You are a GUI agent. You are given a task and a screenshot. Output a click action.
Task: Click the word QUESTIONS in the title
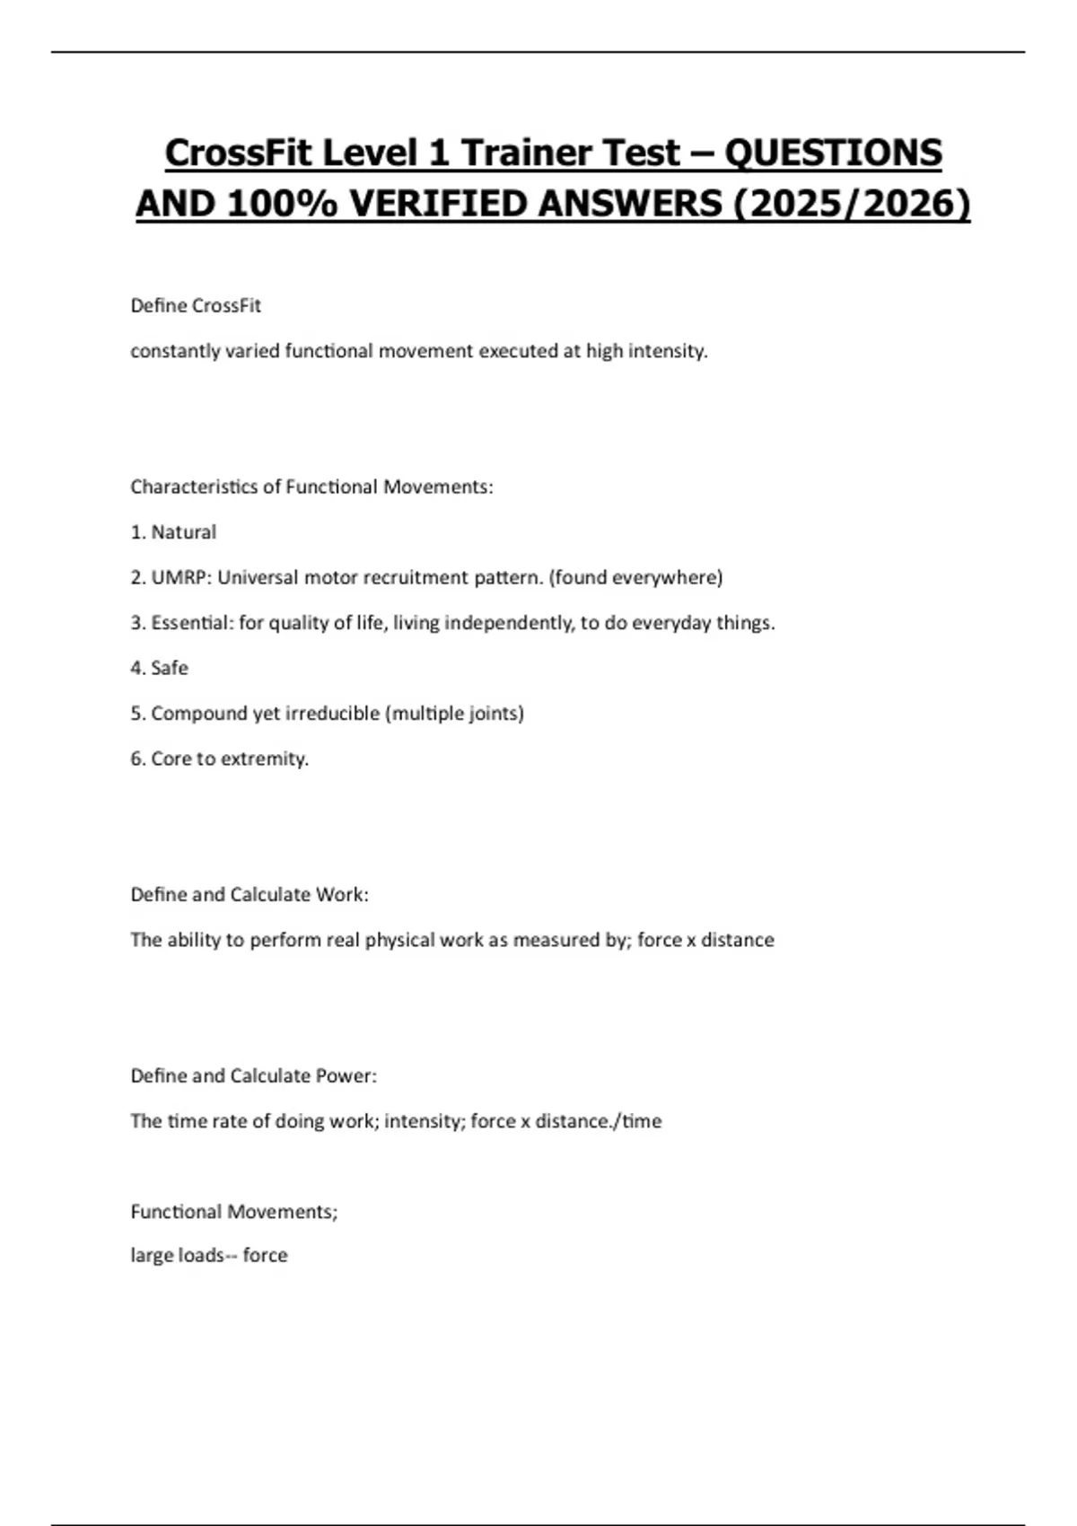coord(833,153)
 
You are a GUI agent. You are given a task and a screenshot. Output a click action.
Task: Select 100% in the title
coord(282,204)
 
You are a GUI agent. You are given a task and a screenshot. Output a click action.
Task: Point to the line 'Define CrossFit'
coord(196,306)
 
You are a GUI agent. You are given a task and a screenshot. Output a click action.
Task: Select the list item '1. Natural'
coord(173,532)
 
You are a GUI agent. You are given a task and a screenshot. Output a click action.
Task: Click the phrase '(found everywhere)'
coord(635,577)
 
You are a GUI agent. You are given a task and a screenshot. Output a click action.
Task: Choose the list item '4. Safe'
coord(159,668)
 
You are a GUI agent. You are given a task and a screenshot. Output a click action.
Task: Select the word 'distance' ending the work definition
coord(737,940)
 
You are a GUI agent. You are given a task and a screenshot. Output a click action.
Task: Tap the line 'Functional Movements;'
coord(234,1212)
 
